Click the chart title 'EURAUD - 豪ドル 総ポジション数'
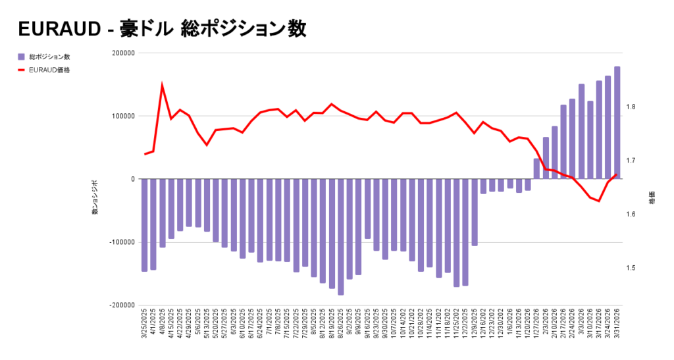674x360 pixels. [x=162, y=29]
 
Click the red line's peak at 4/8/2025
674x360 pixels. [x=162, y=85]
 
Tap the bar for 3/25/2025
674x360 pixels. [x=144, y=224]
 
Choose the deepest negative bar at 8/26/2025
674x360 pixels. [x=340, y=237]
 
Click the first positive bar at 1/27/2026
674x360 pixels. [x=536, y=168]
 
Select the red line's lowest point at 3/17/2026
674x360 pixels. [x=599, y=201]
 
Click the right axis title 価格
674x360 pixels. [x=652, y=198]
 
